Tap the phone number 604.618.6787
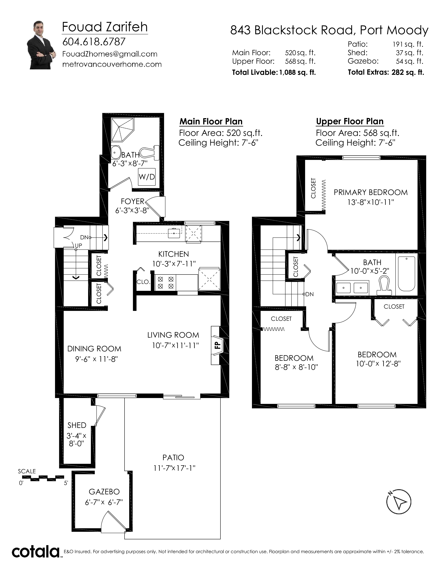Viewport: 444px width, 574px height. [94, 42]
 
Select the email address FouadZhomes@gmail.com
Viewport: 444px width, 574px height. [110, 54]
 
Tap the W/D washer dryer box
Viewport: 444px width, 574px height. [147, 177]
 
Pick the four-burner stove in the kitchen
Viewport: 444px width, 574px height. [165, 282]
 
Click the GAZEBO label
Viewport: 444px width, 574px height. [104, 492]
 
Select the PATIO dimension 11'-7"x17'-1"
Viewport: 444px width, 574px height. [174, 468]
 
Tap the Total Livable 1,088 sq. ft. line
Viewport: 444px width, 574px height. [274, 72]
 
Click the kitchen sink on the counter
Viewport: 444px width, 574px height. [174, 232]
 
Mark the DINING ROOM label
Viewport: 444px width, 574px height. [94, 349]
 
